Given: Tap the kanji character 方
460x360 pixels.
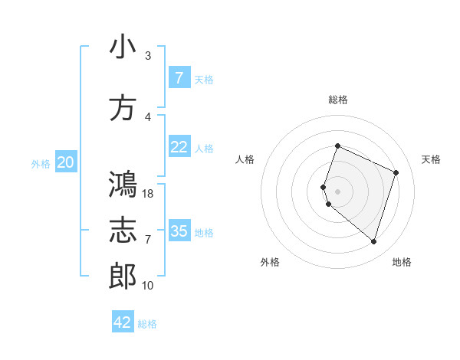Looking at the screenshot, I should [x=123, y=108].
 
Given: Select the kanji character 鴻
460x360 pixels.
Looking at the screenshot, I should [x=123, y=185].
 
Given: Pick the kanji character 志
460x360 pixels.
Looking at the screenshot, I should [x=123, y=231].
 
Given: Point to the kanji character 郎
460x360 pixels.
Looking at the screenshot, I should [x=123, y=277].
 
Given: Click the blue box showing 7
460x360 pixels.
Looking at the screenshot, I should [x=179, y=77].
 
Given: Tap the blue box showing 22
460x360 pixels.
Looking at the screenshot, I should [x=179, y=147].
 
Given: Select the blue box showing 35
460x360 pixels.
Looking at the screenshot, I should [x=179, y=231].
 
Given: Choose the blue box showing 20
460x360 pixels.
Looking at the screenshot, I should [x=66, y=162].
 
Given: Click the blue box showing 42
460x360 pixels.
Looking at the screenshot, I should [x=123, y=322].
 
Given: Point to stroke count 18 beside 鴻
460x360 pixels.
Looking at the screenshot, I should [x=149, y=194].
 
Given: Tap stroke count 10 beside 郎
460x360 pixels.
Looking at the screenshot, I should [x=149, y=286].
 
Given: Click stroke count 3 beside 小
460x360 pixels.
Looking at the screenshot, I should [x=147, y=56].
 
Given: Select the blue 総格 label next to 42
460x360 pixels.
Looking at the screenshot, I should [x=147, y=324].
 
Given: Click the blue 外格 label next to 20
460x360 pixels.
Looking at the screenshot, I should [x=41, y=163].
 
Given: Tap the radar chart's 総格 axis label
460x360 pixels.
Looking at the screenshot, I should [x=337, y=100].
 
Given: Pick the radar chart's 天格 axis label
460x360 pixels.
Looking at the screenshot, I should [x=432, y=159].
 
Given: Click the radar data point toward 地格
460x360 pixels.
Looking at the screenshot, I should [x=373, y=241].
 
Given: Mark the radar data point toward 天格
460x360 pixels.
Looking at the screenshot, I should [x=396, y=172].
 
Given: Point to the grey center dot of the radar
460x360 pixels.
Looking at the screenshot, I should [x=337, y=191].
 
